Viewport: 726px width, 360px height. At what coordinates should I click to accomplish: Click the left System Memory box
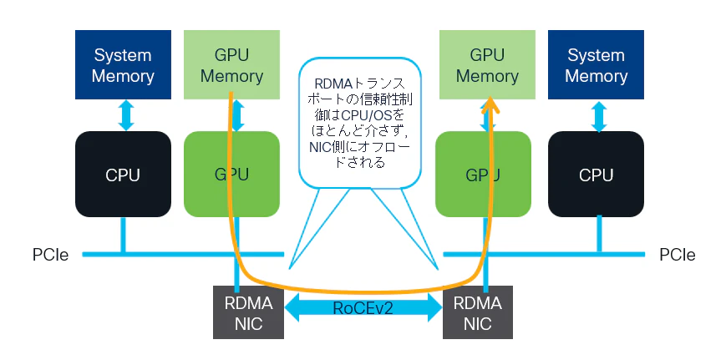(123, 65)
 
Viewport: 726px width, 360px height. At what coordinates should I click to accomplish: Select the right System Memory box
(596, 65)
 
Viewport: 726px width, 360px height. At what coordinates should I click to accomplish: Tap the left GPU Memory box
(231, 65)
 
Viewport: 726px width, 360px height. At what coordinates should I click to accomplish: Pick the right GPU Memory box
(487, 65)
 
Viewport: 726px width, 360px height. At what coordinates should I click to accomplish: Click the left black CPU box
(123, 174)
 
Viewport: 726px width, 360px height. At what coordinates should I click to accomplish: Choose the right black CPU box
(596, 174)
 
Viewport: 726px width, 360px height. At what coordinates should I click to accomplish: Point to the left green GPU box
(231, 174)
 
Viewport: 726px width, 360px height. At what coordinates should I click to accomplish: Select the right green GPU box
(484, 174)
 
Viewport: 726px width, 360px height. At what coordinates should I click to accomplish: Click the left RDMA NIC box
(248, 312)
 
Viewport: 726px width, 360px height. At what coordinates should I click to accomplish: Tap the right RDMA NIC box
(477, 312)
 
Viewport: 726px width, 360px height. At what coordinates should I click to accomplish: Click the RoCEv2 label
(363, 307)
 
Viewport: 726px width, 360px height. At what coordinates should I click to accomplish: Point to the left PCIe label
(50, 255)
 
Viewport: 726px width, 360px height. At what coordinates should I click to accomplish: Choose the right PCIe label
(678, 255)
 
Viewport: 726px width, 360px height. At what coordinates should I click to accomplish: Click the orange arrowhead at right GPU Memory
(490, 104)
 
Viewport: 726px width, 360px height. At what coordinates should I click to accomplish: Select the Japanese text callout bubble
(360, 123)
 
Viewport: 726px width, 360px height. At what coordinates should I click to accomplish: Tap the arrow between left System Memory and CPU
(126, 115)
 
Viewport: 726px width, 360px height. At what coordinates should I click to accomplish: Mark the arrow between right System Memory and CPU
(599, 116)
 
